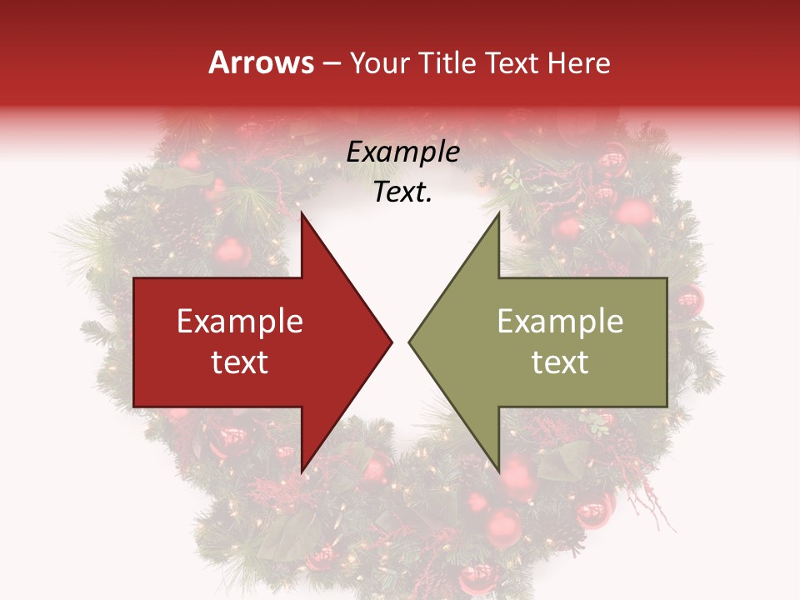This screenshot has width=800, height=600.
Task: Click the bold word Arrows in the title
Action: click(262, 63)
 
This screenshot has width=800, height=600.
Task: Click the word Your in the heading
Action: click(379, 63)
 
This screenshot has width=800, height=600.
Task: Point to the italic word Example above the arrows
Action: click(403, 152)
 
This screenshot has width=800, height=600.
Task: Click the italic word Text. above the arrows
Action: click(403, 192)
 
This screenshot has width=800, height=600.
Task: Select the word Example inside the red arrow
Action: click(240, 322)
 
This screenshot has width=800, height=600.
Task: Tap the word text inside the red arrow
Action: click(240, 362)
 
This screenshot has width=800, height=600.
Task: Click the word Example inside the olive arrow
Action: click(560, 322)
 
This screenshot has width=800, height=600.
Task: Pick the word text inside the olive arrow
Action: click(560, 362)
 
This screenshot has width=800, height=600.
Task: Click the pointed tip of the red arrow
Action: click(392, 342)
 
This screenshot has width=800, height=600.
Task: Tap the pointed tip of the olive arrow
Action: click(409, 342)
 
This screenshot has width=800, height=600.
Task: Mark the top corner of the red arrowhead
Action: click(302, 212)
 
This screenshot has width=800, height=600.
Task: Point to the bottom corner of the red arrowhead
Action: click(302, 472)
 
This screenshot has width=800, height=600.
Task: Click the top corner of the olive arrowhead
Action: click(498, 212)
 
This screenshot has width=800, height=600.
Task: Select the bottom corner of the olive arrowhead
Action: click(498, 472)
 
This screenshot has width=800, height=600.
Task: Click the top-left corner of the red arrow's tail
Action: click(134, 278)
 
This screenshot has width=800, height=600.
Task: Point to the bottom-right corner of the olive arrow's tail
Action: click(667, 407)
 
